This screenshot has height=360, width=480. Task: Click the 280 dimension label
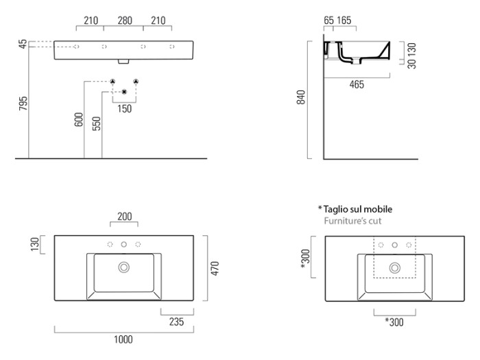pyautogui.click(x=124, y=21)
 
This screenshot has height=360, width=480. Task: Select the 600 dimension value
pyautogui.click(x=78, y=119)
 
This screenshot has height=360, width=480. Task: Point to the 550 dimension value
pyautogui.click(x=97, y=123)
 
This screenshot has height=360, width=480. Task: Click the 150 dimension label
pyautogui.click(x=124, y=108)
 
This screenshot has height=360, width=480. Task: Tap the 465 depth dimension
pyautogui.click(x=357, y=85)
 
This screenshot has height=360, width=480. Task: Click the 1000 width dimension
pyautogui.click(x=124, y=339)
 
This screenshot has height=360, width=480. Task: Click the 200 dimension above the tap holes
pyautogui.click(x=124, y=217)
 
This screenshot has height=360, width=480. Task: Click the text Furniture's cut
pyautogui.click(x=353, y=221)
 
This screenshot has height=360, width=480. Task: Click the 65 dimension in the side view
pyautogui.click(x=328, y=21)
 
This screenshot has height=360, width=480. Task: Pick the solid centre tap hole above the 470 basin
pyautogui.click(x=124, y=245)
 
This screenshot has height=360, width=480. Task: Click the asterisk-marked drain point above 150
pyautogui.click(x=124, y=91)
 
